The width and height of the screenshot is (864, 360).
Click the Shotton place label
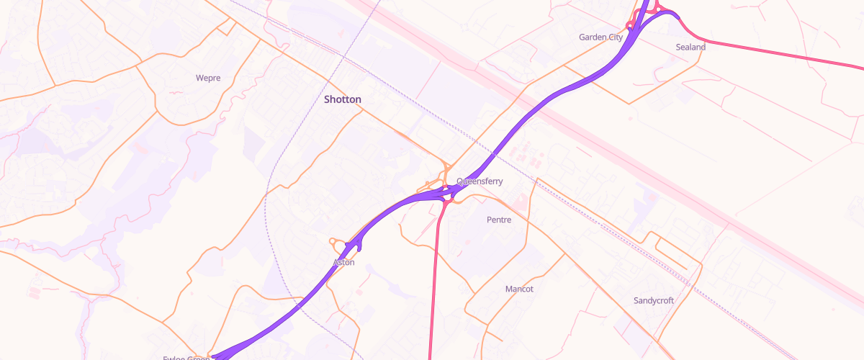[x=343, y=99]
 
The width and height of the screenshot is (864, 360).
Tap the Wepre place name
[x=208, y=78]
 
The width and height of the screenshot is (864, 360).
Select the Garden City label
[x=601, y=37]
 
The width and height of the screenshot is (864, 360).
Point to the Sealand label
[x=690, y=47]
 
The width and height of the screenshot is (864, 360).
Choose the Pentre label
[x=499, y=220]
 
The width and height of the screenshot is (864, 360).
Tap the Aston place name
[x=344, y=263]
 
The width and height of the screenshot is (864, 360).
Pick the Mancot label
[x=519, y=289]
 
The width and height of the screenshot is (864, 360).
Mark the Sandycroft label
[x=654, y=300]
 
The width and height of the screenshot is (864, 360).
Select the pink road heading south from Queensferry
[x=434, y=288]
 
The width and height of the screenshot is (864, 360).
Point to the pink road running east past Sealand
[x=778, y=53]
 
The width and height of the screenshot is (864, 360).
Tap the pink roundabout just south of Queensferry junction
[x=447, y=203]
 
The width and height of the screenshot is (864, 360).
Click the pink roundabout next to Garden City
[x=630, y=27]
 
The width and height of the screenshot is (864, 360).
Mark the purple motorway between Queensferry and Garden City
[x=547, y=101]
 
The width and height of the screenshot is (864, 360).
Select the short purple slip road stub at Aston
[x=359, y=246]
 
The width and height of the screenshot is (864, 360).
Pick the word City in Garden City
[x=614, y=37]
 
